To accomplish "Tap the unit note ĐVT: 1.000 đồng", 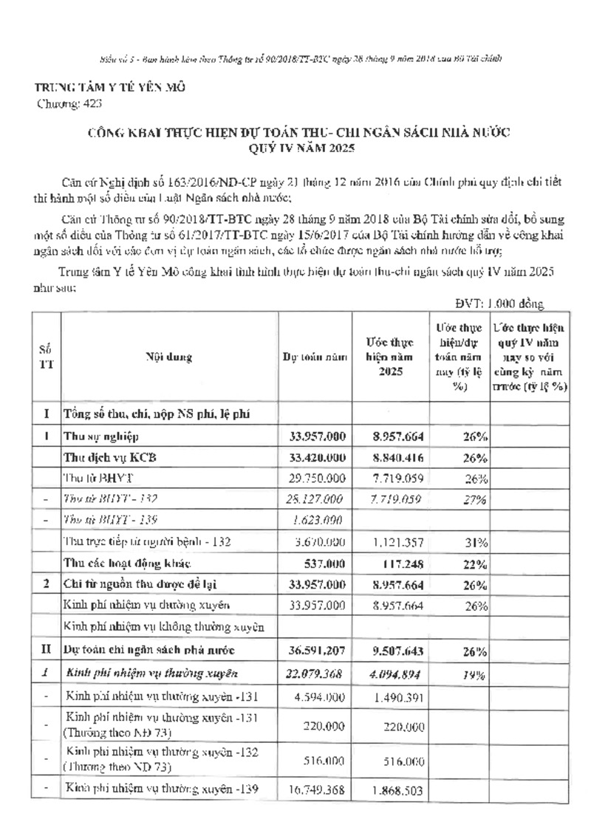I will click(x=499, y=303).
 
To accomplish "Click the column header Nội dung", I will click(x=169, y=357).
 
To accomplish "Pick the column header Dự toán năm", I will click(x=315, y=357).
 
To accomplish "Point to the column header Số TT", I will click(x=45, y=357).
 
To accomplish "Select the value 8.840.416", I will click(x=393, y=458).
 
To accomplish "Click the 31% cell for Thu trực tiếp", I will click(x=473, y=542).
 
